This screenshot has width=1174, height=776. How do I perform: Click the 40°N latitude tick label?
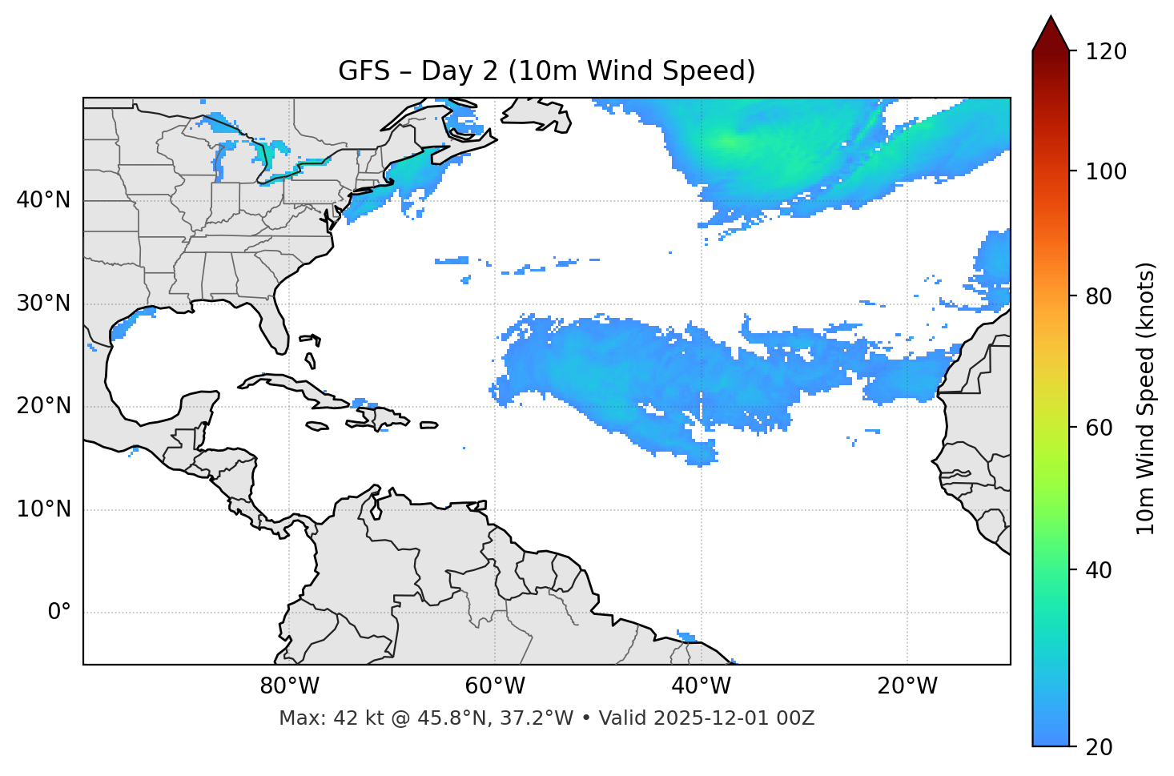click(43, 200)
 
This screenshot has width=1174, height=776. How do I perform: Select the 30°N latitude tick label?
click(43, 304)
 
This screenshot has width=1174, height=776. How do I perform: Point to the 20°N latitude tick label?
click(43, 406)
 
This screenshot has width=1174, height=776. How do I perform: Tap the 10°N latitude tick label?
click(43, 509)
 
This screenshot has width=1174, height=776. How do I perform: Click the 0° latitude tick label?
click(59, 613)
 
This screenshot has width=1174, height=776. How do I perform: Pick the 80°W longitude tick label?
click(289, 686)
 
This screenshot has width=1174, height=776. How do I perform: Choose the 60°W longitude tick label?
click(495, 686)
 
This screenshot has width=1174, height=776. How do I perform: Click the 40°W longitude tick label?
click(701, 686)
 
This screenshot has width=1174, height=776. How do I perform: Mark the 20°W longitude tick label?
click(907, 686)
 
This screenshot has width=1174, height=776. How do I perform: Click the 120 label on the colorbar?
click(1105, 52)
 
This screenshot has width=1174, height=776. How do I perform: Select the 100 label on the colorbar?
click(1105, 171)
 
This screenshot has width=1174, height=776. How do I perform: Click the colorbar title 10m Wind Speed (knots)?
click(1146, 398)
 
